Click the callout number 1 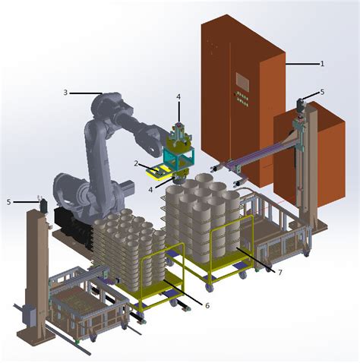[x=322, y=64]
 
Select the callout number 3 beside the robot [x=65, y=93]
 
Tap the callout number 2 [x=136, y=163]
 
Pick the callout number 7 [x=279, y=272]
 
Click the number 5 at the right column [x=322, y=92]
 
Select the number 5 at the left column [x=10, y=202]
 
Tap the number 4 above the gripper [x=178, y=96]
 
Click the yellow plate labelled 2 [x=159, y=169]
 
